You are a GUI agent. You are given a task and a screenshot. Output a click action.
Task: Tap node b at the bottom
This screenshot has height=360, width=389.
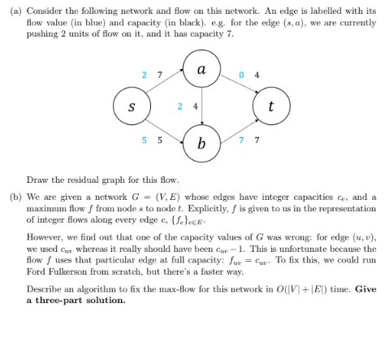200,144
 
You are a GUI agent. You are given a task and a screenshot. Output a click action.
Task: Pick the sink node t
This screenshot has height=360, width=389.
270,106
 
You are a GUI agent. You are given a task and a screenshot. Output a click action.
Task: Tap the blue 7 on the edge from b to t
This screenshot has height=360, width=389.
243,139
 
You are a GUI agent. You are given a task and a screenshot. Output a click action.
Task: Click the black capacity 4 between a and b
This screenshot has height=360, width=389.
193,106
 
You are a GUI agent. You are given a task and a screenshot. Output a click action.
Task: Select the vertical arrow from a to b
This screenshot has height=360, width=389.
200,106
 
